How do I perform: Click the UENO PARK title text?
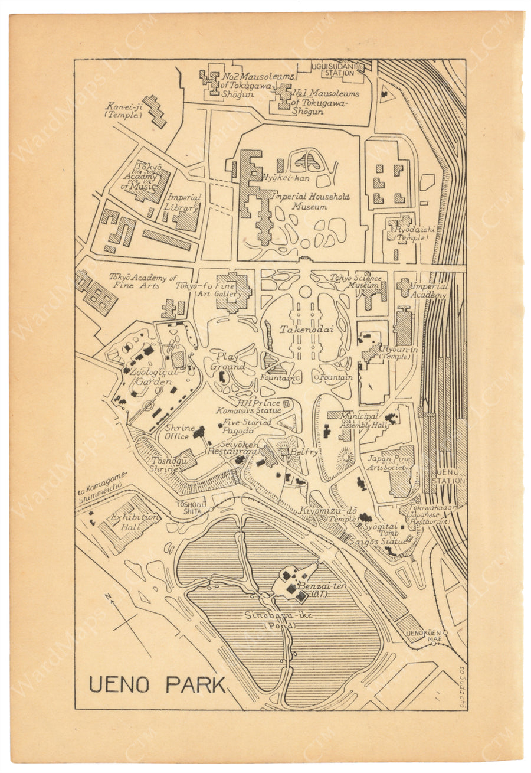158,684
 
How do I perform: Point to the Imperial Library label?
184,202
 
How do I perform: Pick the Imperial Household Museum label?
312,202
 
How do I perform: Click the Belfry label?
304,452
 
